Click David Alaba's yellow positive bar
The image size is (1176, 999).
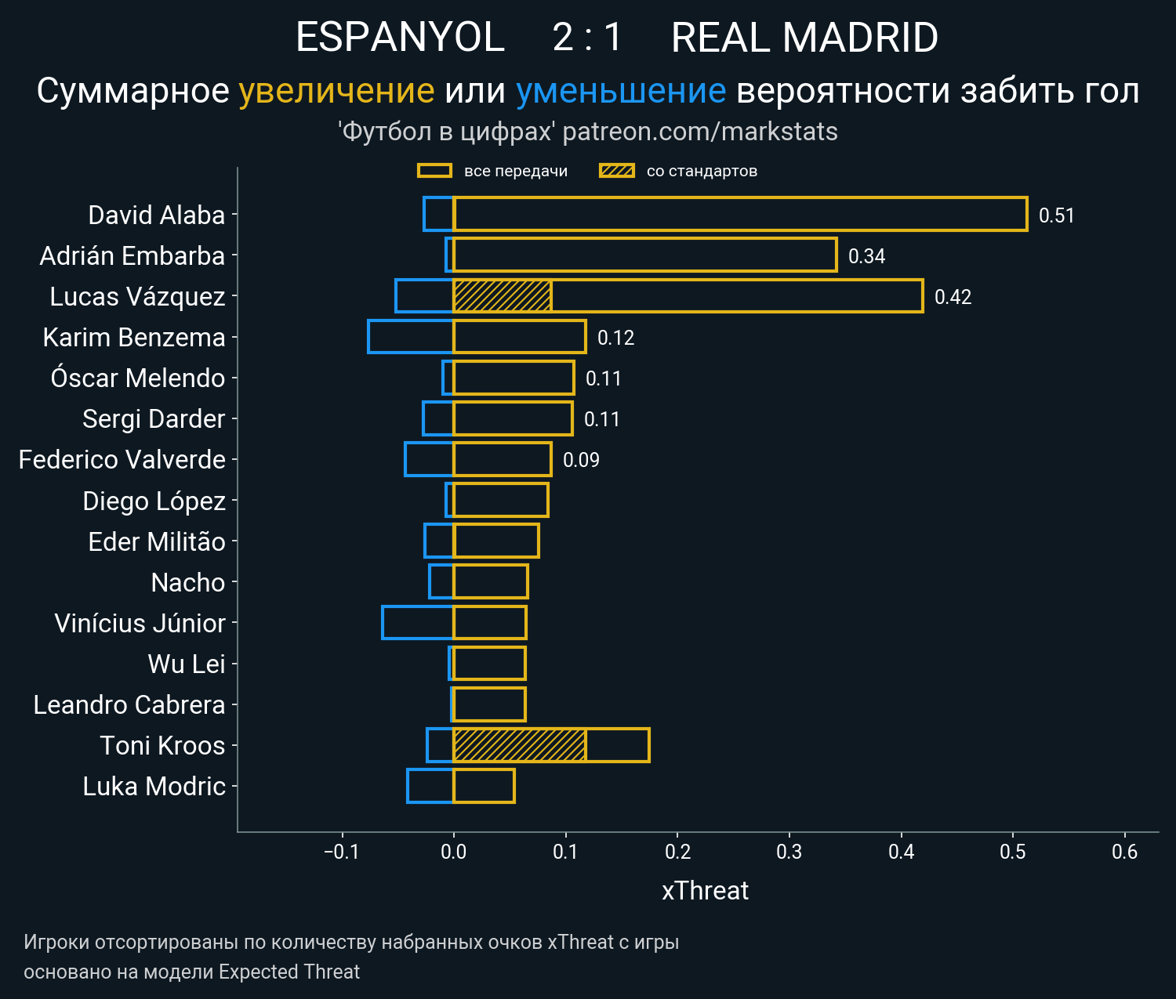[740, 214]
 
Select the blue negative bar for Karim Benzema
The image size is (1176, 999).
[411, 337]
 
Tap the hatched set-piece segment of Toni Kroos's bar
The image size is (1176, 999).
[519, 745]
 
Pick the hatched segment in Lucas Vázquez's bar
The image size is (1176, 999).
[502, 296]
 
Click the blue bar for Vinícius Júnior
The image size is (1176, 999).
[418, 623]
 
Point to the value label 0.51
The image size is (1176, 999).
[1056, 215]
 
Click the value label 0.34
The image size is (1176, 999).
[866, 256]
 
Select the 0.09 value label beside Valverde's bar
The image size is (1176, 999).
[581, 460]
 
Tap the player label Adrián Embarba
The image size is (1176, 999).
[132, 256]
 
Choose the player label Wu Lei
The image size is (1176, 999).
[187, 664]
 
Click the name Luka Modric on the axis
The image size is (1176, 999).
[154, 787]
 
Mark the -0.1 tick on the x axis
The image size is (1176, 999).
[341, 852]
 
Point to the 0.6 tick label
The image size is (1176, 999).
[1124, 852]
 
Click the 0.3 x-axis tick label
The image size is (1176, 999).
[789, 852]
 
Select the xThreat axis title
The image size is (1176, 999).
[705, 891]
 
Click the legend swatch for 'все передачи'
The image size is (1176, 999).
[434, 171]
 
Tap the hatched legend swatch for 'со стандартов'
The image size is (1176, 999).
[616, 171]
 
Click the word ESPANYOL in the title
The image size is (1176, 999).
[400, 38]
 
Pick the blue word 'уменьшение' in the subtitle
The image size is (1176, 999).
[621, 91]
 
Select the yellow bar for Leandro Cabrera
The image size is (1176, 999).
[489, 704]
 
